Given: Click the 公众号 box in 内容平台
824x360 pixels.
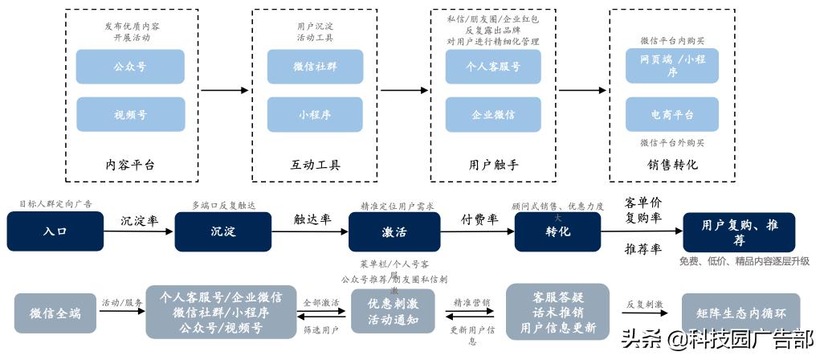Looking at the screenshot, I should [x=130, y=67].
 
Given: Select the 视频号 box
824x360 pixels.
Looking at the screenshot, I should [x=130, y=114].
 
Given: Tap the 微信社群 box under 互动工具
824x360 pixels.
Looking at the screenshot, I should [x=315, y=67].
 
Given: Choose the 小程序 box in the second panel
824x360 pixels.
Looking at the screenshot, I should [x=315, y=114].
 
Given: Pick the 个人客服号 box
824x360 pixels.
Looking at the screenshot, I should [x=493, y=67].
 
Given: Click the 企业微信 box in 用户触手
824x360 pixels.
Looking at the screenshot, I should [x=493, y=114].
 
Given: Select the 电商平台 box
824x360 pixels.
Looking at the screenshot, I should [x=672, y=114].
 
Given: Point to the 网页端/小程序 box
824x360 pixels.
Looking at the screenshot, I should [x=672, y=67].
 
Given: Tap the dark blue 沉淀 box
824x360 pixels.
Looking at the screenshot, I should [x=222, y=231].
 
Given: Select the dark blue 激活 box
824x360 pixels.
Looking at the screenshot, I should [x=394, y=231].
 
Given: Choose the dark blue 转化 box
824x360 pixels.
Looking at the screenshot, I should [x=559, y=231].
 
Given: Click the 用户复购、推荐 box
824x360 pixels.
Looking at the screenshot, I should [x=739, y=231].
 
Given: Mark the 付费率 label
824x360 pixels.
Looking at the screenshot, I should [x=479, y=218].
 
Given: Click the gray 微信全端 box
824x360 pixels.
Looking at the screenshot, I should [x=55, y=313].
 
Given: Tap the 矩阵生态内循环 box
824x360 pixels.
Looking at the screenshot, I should [x=740, y=313].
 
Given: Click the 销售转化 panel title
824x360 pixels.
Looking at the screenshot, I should [x=672, y=164].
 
